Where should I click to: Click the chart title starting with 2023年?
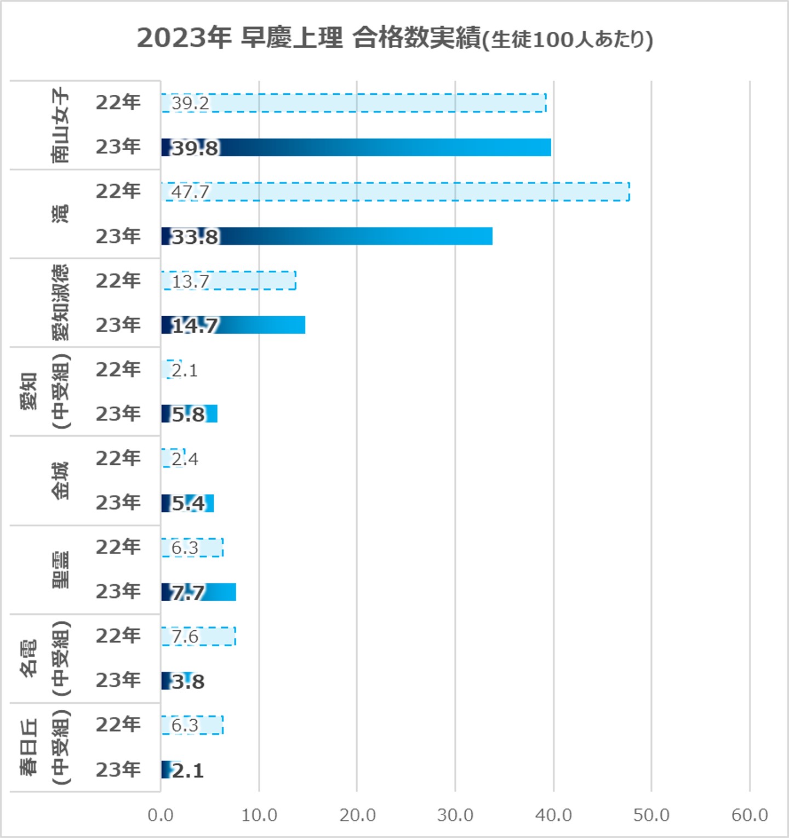pos(395,38)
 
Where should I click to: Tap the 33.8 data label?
pos(195,237)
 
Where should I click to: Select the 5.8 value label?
pos(188,414)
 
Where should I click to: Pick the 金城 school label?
pos(60,481)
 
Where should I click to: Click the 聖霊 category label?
pos(60,569)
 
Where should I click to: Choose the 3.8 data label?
pos(188,681)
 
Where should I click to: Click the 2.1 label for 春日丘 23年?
pos(188,771)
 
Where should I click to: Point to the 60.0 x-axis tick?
pos(750,815)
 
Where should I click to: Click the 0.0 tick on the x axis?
pos(161,815)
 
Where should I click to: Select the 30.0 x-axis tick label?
pos(455,815)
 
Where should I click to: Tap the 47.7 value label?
pos(190,192)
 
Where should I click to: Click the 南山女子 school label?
pos(60,126)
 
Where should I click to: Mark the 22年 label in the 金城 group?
pos(118,458)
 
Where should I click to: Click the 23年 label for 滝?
pos(118,236)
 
